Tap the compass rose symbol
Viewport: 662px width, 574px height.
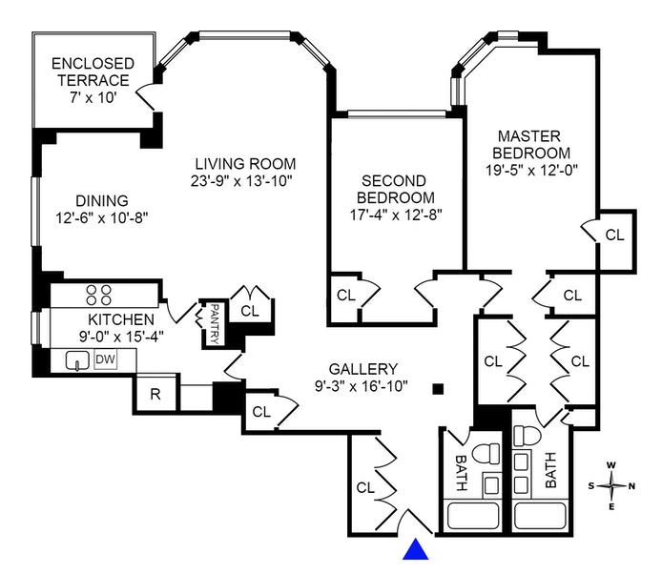612,486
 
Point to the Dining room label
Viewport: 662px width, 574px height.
101,200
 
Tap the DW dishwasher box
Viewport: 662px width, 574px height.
104,359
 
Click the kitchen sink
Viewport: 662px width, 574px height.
76,360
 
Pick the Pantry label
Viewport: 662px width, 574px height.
216,324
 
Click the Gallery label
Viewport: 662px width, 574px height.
362,369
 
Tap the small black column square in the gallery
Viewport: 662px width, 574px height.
438,388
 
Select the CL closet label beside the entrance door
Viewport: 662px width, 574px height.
364,486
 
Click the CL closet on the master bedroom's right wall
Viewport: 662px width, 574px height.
615,235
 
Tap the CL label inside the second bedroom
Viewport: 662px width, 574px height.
345,295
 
